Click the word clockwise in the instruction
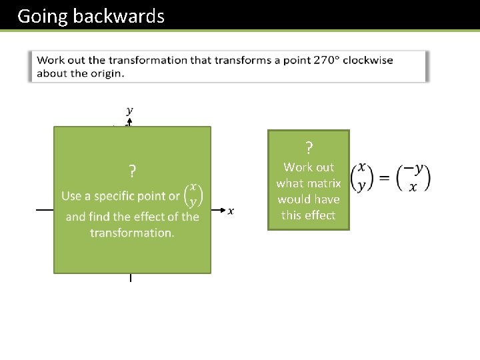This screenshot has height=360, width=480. [367, 60]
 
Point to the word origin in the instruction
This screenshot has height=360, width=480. [106, 73]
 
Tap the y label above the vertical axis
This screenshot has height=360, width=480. [129, 111]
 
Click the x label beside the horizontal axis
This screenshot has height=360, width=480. [231, 211]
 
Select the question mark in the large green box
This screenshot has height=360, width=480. [133, 172]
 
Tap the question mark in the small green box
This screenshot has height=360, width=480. [309, 147]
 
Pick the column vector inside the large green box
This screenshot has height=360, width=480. [193, 195]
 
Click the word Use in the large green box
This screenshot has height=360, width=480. [71, 196]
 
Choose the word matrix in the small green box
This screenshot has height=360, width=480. [325, 183]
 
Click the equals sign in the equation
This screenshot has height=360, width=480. [385, 177]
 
